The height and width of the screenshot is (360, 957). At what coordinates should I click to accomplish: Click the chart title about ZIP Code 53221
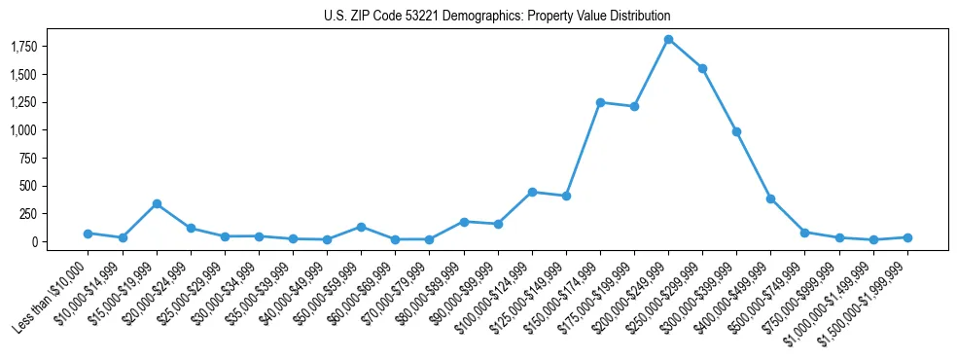click(x=497, y=17)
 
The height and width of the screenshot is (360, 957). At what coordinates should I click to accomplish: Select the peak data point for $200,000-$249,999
click(x=668, y=39)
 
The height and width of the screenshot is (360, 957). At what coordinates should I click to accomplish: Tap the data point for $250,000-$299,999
click(x=702, y=68)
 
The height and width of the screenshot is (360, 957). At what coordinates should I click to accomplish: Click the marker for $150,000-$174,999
click(x=600, y=102)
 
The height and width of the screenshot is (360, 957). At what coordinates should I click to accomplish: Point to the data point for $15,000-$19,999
click(x=157, y=203)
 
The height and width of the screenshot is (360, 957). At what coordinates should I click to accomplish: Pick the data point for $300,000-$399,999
click(x=736, y=131)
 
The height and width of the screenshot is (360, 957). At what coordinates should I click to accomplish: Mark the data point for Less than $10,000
click(x=88, y=234)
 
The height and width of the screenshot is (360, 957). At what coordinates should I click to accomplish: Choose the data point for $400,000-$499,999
click(x=770, y=198)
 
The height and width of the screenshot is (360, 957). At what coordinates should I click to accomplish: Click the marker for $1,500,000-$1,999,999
click(x=907, y=237)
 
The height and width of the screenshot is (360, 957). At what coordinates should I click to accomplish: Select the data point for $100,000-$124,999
click(x=532, y=192)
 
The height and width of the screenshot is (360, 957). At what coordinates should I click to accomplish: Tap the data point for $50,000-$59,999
click(x=361, y=227)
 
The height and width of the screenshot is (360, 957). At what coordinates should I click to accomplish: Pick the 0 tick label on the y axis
click(x=50, y=242)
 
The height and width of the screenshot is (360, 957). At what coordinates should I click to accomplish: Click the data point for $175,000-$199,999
click(x=634, y=106)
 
